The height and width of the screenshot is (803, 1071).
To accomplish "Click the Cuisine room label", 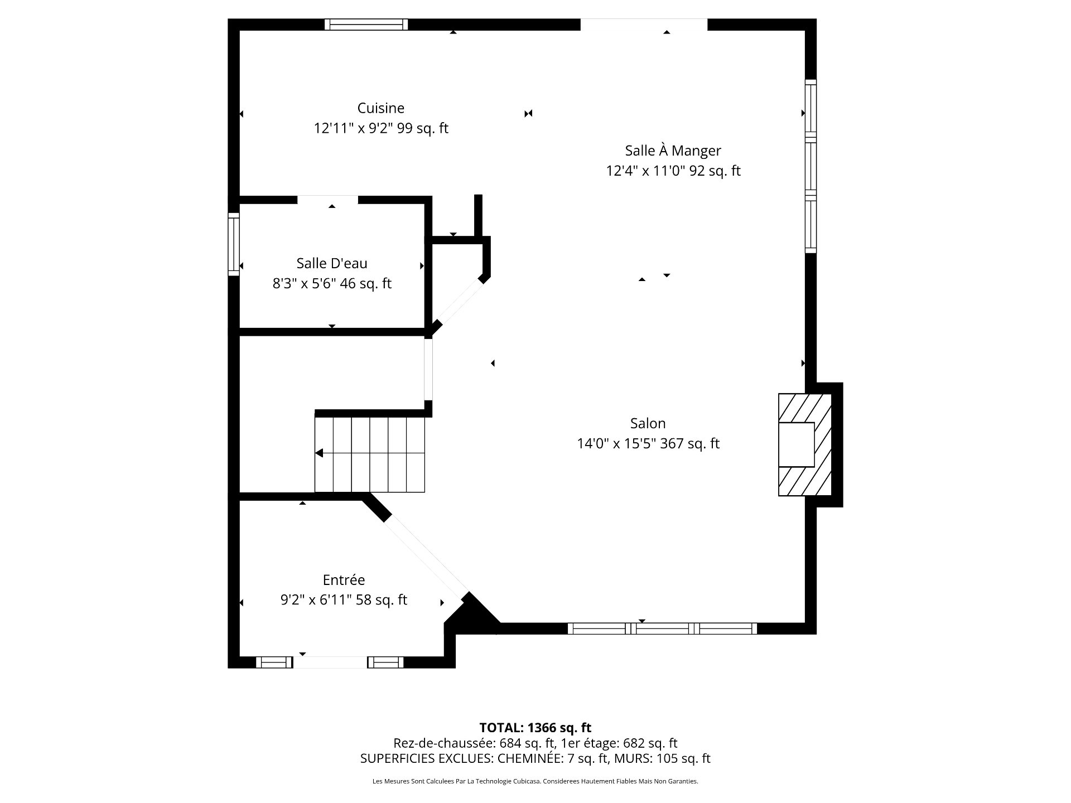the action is [x=381, y=108].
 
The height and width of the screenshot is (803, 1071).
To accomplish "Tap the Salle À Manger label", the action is [x=673, y=150].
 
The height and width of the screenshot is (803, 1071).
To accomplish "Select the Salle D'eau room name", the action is [x=332, y=263].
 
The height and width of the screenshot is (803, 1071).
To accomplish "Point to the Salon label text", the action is [x=648, y=423].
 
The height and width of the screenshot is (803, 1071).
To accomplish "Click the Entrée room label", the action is [x=344, y=580].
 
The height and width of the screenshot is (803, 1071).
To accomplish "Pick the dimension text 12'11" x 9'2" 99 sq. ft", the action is [x=381, y=128].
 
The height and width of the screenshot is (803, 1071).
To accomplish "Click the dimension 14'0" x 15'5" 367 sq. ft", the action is [x=648, y=443].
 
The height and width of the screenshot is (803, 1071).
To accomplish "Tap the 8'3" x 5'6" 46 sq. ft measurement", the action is [x=332, y=283].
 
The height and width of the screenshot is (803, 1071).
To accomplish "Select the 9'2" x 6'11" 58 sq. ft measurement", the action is [x=344, y=600].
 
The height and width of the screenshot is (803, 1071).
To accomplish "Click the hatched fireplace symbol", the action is [x=805, y=444].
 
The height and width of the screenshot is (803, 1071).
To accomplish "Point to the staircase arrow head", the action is [x=319, y=453].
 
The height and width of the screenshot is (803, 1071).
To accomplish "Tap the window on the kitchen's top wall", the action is [x=366, y=25].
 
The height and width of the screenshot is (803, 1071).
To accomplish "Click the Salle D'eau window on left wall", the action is [x=234, y=244].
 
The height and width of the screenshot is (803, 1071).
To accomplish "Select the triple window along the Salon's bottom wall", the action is [x=662, y=628].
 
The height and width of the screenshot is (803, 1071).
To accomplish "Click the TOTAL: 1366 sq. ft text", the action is [x=535, y=728].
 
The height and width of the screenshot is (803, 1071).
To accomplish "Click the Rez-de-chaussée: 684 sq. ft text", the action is [x=474, y=743].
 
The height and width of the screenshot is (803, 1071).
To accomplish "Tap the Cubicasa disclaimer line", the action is [x=535, y=781].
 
